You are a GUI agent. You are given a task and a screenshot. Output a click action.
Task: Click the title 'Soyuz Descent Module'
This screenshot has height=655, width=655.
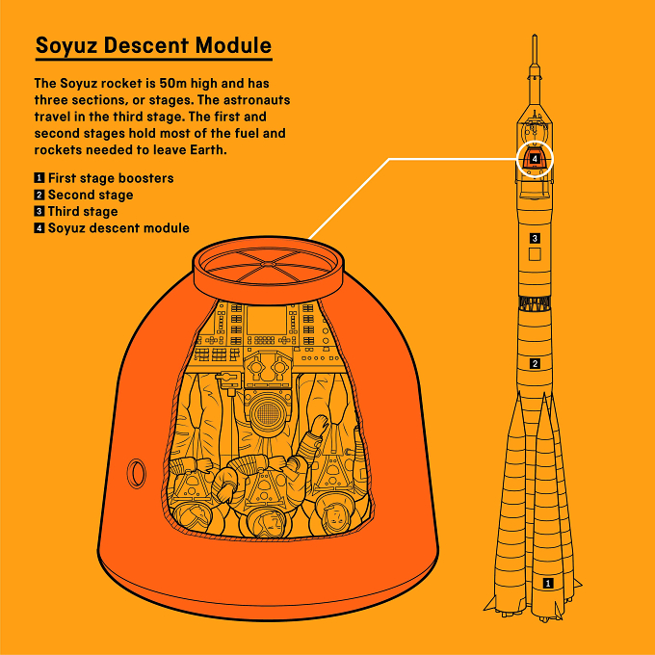pos(154,45)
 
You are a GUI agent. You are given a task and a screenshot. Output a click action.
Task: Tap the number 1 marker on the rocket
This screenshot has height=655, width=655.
pos(548,583)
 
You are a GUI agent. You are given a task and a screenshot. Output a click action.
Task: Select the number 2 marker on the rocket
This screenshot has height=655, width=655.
pos(536,363)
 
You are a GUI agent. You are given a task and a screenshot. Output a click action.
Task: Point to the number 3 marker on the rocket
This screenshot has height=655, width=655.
pos(535,238)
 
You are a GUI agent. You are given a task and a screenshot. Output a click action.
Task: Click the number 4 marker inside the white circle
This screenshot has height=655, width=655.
pos(535,159)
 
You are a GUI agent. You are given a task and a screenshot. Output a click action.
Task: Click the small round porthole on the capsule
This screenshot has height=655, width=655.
pos(136,473)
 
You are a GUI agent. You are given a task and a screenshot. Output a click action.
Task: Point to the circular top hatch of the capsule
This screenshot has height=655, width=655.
pos(269,265)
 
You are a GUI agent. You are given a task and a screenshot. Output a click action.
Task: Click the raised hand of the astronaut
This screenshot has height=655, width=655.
pos(319,426)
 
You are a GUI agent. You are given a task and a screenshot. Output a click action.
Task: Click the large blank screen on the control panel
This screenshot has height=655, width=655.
pos(267,321)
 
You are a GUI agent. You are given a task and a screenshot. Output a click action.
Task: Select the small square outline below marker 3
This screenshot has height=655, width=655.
pos(535,254)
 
